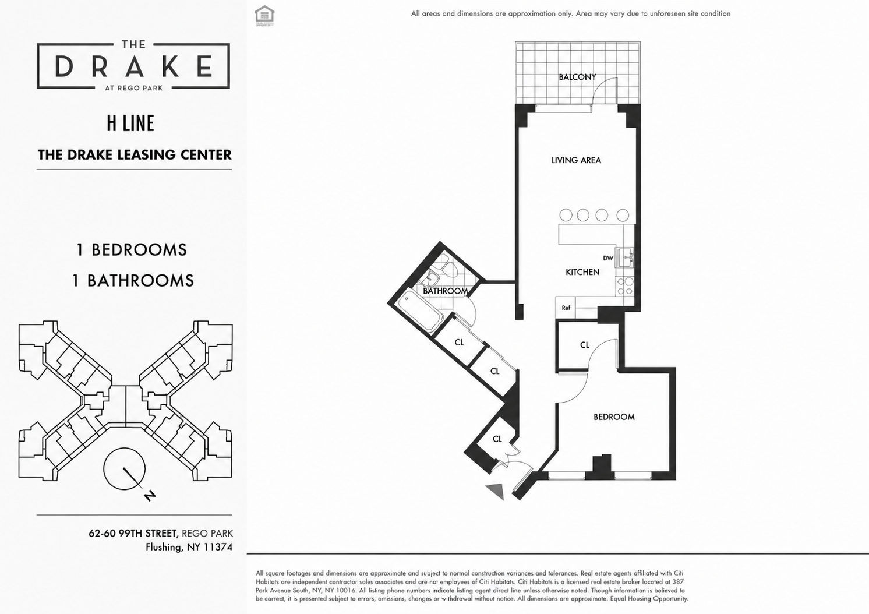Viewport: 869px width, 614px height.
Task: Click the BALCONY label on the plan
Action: coord(577,77)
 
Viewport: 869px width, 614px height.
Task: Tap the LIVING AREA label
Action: coord(576,160)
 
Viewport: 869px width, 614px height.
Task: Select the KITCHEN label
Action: coord(582,272)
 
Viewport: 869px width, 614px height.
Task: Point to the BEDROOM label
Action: coord(614,417)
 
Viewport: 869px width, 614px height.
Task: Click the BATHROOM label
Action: coord(445,291)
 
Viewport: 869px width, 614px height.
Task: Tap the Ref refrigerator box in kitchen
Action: coord(566,308)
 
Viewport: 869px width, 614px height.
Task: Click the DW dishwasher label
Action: coord(608,258)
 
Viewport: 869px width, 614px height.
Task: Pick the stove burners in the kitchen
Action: coord(625,287)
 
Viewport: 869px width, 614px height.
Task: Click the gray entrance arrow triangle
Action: coord(496,491)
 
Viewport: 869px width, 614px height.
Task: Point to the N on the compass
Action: coord(150,496)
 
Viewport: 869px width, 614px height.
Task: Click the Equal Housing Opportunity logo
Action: coord(264,16)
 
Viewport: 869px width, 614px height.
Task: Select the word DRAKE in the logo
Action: coord(133,66)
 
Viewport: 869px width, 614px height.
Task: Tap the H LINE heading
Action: coord(130,123)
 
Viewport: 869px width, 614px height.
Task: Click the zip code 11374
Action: coord(218,547)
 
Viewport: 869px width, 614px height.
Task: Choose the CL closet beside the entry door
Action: coord(497,439)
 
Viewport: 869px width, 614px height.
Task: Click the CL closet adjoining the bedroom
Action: coord(585,345)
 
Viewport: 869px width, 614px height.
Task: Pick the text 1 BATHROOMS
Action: coord(133,281)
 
